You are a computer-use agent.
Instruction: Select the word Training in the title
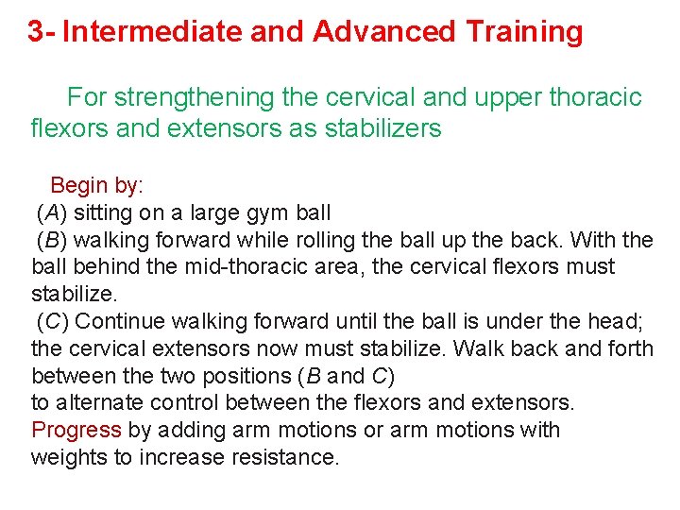pos(524,32)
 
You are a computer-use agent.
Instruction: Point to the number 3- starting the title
pos(42,32)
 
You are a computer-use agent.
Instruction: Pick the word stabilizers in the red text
pos(386,127)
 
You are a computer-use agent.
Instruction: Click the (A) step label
pos(52,212)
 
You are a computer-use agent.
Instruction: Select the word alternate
pos(96,403)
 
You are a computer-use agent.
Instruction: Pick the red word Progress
pos(76,431)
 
